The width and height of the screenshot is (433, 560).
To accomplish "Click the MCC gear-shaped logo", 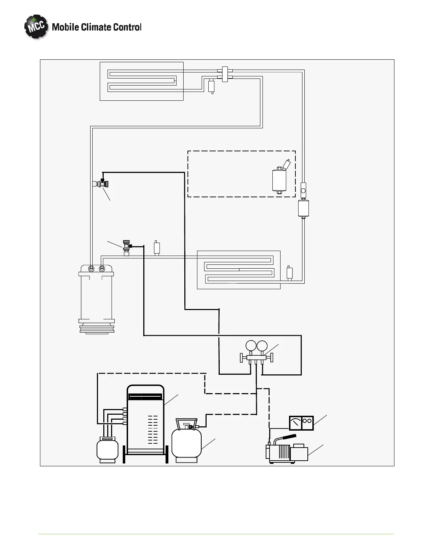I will [36, 27].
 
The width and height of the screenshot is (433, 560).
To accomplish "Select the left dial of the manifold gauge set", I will [251, 346].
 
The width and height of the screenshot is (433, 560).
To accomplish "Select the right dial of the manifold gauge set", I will [262, 346].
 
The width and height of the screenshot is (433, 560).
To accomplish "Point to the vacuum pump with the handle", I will [287, 452].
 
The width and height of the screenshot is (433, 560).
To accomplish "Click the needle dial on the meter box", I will [295, 423].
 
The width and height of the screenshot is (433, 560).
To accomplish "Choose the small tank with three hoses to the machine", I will [107, 449].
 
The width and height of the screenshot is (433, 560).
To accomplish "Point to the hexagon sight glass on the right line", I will [303, 191].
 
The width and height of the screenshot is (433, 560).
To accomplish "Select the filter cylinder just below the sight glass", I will [304, 208].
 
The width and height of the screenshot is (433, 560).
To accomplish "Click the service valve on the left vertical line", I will [103, 183].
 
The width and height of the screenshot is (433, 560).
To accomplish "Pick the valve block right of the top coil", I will [225, 74].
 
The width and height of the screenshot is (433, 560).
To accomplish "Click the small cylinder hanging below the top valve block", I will [212, 86].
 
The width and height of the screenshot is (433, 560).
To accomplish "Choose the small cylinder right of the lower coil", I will [289, 273].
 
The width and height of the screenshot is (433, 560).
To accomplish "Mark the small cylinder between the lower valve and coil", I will [157, 247].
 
